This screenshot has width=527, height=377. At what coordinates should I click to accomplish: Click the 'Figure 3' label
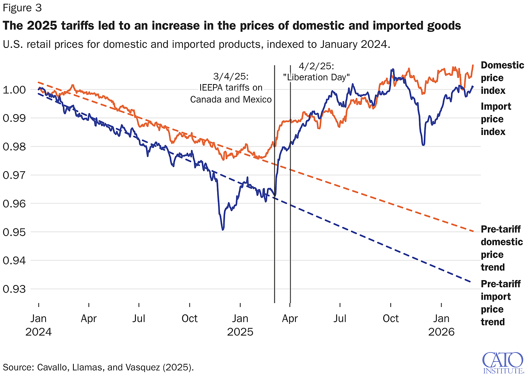coord(22,8)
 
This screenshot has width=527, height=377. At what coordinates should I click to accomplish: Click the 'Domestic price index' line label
coord(501,78)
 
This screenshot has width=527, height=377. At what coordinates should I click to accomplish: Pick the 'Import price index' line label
coord(495,119)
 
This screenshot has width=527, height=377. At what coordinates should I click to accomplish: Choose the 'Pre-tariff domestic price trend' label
coord(501,248)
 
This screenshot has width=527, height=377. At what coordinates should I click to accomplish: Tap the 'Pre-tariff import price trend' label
coord(500,302)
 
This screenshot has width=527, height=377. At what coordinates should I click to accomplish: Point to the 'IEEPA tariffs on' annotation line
coord(231,88)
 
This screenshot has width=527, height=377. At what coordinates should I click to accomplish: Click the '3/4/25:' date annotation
coord(231,76)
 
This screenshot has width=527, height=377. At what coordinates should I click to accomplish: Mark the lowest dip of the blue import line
coord(223,229)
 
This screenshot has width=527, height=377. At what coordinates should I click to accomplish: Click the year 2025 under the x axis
coord(240,332)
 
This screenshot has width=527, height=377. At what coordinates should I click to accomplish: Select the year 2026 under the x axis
coord(441,332)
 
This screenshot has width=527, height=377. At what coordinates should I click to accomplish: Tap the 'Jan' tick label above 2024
coord(38,319)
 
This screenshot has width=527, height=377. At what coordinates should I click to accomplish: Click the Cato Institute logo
coord(502,363)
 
